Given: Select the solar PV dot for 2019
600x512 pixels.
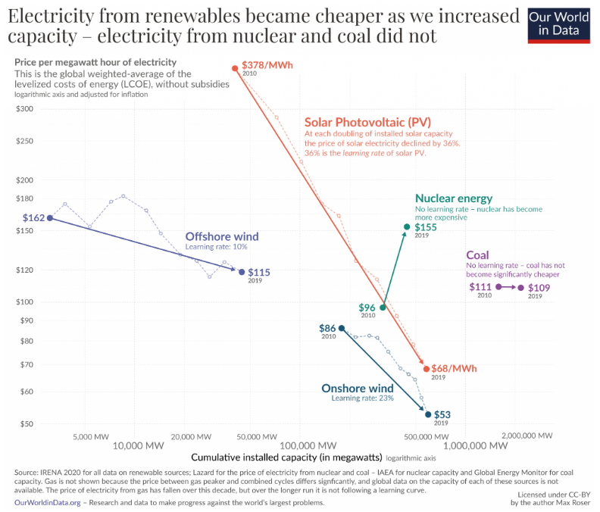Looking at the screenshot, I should point(427,369).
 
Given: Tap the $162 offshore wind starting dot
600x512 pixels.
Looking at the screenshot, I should point(50,218).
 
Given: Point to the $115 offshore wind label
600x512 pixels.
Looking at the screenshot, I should point(259,272).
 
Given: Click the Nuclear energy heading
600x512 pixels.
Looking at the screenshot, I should point(454,198).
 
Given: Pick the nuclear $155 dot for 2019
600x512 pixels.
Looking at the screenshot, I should point(407,227).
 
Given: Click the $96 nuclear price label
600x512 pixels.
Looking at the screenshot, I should point(367,308).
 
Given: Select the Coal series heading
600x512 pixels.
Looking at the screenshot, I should point(477,255).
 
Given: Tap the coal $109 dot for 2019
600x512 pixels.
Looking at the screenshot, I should point(520,288).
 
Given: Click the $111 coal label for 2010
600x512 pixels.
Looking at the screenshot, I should point(480,287).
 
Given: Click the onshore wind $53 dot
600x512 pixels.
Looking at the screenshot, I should point(428,414).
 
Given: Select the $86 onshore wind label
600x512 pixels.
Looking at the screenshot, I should point(327,328).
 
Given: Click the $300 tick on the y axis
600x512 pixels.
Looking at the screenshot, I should point(25,109).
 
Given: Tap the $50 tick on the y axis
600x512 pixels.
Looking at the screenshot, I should point(27,424).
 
